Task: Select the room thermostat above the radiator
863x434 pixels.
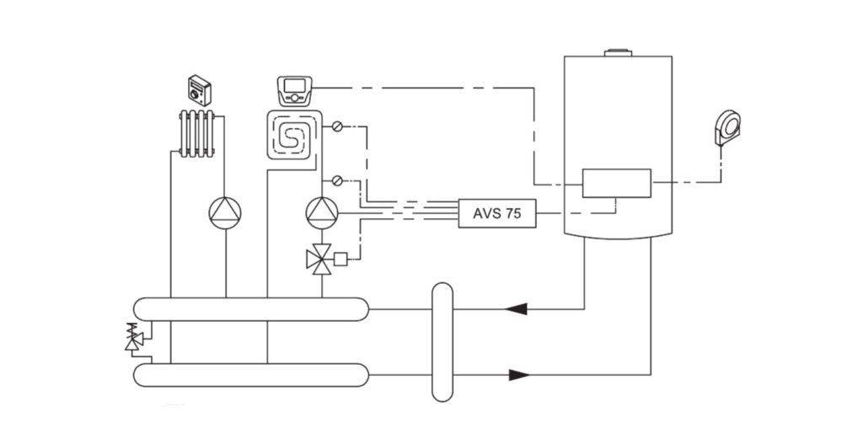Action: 199,88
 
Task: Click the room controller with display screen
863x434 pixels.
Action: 294,88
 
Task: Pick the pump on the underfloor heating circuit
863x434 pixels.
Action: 321,212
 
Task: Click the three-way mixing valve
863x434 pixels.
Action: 320,259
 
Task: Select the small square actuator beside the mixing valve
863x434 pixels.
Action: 341,259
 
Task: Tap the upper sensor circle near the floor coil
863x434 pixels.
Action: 337,127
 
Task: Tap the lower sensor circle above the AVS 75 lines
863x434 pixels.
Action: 337,180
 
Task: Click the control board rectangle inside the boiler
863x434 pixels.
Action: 616,183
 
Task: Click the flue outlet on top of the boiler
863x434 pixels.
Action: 617,52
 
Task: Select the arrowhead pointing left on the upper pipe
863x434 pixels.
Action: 516,309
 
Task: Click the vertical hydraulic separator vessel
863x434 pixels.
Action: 442,341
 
